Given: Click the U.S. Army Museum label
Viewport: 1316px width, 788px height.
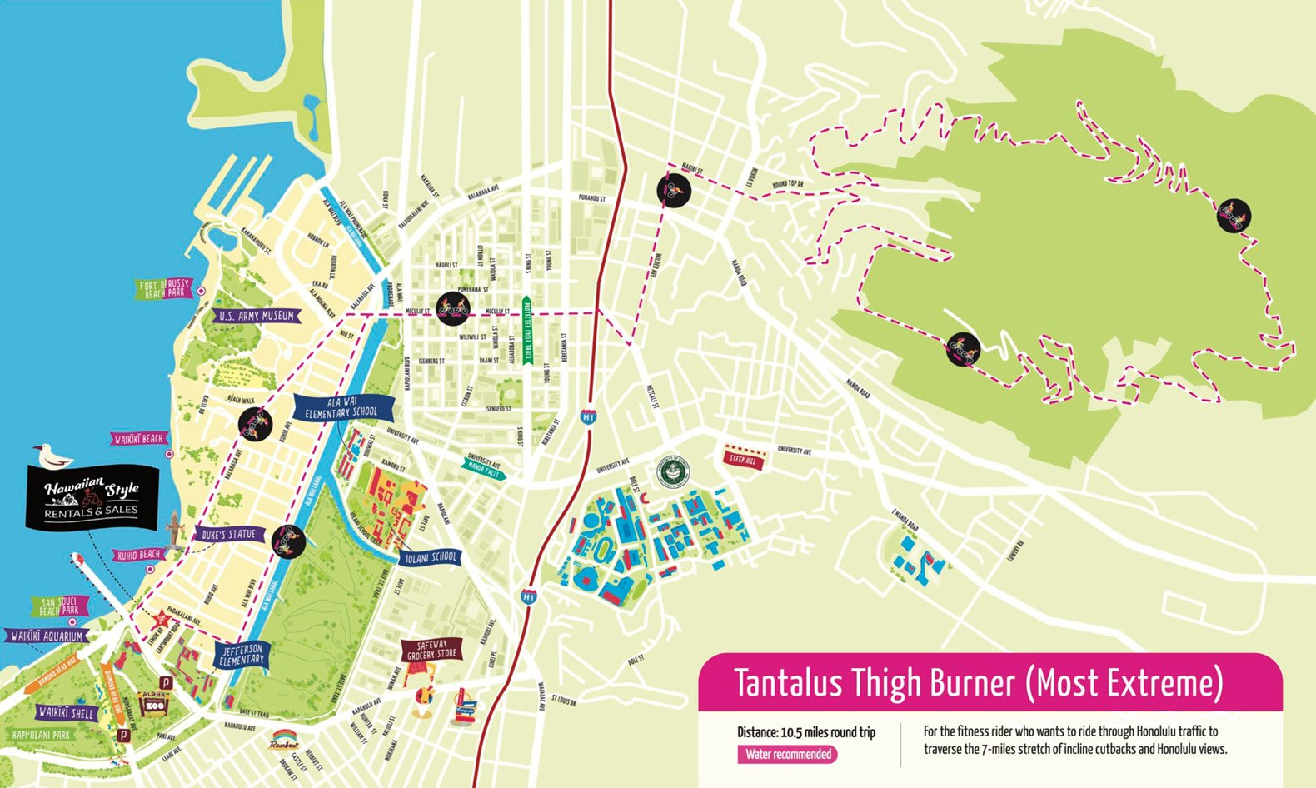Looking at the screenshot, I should pyautogui.click(x=257, y=316).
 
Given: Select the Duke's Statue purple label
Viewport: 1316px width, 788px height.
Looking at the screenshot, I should pyautogui.click(x=228, y=534).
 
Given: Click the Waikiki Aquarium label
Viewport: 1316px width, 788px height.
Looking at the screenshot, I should pyautogui.click(x=47, y=636).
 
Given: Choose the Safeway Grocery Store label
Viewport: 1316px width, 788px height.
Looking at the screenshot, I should pyautogui.click(x=432, y=649).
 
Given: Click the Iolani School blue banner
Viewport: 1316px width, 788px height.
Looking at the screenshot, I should pyautogui.click(x=430, y=557).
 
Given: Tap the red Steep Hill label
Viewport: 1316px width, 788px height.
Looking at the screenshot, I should pyautogui.click(x=743, y=459).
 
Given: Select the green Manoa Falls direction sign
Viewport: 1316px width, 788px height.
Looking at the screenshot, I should pyautogui.click(x=483, y=466).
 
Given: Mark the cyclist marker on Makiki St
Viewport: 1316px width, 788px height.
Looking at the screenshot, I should pyautogui.click(x=673, y=190).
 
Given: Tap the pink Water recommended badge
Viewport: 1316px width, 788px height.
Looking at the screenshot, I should pyautogui.click(x=787, y=754).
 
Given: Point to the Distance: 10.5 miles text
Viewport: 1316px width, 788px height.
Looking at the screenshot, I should pyautogui.click(x=805, y=732).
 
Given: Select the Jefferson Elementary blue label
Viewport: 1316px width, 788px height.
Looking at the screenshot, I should pyautogui.click(x=242, y=654).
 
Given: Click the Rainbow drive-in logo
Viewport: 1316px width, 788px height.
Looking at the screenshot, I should pyautogui.click(x=287, y=740).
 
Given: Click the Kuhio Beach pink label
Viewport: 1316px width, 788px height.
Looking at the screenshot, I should pyautogui.click(x=138, y=554).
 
